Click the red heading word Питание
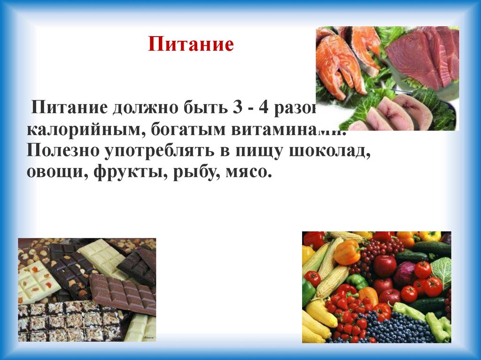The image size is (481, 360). (x=191, y=45)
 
